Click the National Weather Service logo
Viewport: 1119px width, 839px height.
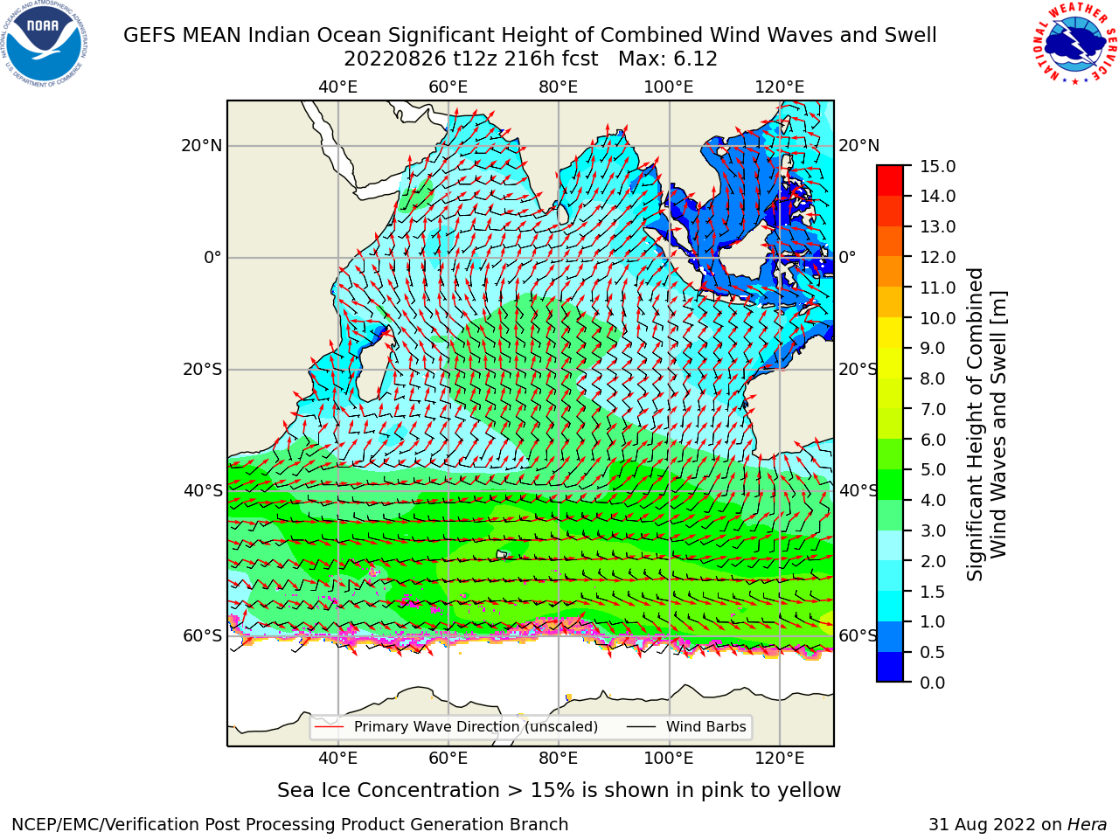coord(1074,44)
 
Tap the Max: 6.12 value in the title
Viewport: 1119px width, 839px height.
coord(667,59)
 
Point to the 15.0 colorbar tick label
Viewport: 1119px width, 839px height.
coord(937,167)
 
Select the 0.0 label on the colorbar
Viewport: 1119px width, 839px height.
coord(933,683)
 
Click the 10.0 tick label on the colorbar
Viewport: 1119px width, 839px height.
coord(937,318)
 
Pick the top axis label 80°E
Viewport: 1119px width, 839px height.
coord(559,87)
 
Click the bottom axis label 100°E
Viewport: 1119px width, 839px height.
coord(669,758)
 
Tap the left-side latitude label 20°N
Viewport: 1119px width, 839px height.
coord(202,146)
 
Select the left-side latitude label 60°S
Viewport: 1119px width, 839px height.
coord(203,636)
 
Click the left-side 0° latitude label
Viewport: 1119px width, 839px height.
coord(213,258)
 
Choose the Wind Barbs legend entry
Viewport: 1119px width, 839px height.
coord(686,727)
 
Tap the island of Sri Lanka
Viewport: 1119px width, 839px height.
coord(563,214)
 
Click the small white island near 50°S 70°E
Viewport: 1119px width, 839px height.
coord(502,554)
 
